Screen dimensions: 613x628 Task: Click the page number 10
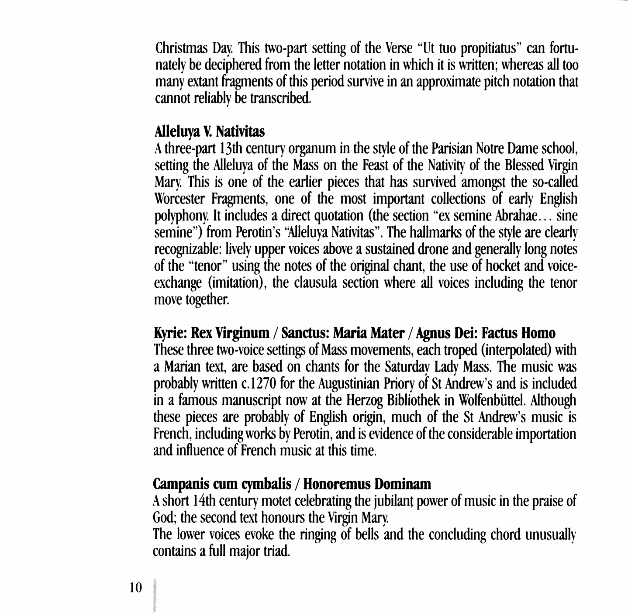(x=136, y=587)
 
